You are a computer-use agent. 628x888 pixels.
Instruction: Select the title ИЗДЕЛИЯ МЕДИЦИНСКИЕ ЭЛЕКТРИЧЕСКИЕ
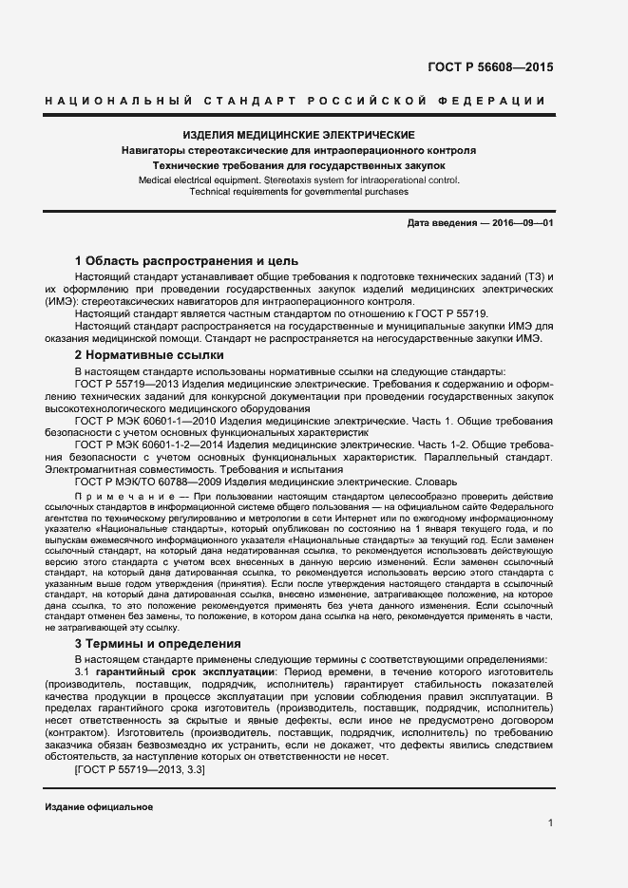pyautogui.click(x=298, y=136)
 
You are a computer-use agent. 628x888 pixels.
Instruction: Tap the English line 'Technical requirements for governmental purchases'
pyautogui.click(x=298, y=191)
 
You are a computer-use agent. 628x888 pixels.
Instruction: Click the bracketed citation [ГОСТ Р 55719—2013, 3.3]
pyautogui.click(x=139, y=770)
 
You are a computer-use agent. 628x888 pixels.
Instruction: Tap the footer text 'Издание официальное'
pyautogui.click(x=98, y=806)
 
